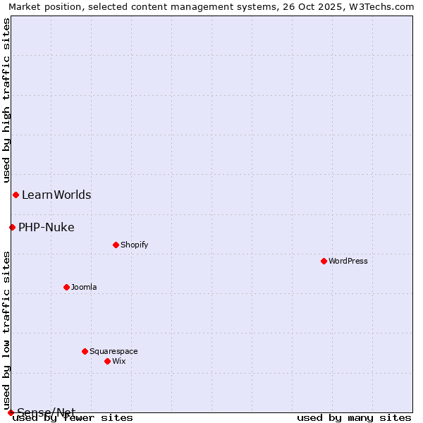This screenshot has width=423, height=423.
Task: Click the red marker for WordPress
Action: coord(324,261)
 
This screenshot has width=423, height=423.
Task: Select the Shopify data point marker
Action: coord(116,245)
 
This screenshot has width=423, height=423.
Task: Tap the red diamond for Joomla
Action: coord(66,287)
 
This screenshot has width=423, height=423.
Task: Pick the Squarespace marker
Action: coord(85,351)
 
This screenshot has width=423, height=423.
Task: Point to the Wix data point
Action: coord(107,361)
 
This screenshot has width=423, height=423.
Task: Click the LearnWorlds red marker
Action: coord(16,195)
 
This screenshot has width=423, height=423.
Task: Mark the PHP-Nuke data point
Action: coord(12,227)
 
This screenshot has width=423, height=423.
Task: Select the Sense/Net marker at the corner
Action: coord(11,412)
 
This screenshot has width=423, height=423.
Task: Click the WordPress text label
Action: coord(348,261)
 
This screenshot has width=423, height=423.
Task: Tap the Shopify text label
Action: coord(134,245)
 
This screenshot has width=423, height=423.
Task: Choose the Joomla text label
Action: coord(84,287)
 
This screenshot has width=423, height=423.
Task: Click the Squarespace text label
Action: coord(114,351)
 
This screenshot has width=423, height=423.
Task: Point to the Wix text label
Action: coord(118,361)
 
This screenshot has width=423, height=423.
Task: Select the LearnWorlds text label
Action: coord(56,195)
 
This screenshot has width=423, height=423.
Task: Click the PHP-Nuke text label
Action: coord(47,227)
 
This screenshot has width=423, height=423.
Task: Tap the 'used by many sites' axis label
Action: coord(354,418)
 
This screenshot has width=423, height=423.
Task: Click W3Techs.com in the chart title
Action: coord(381,6)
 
